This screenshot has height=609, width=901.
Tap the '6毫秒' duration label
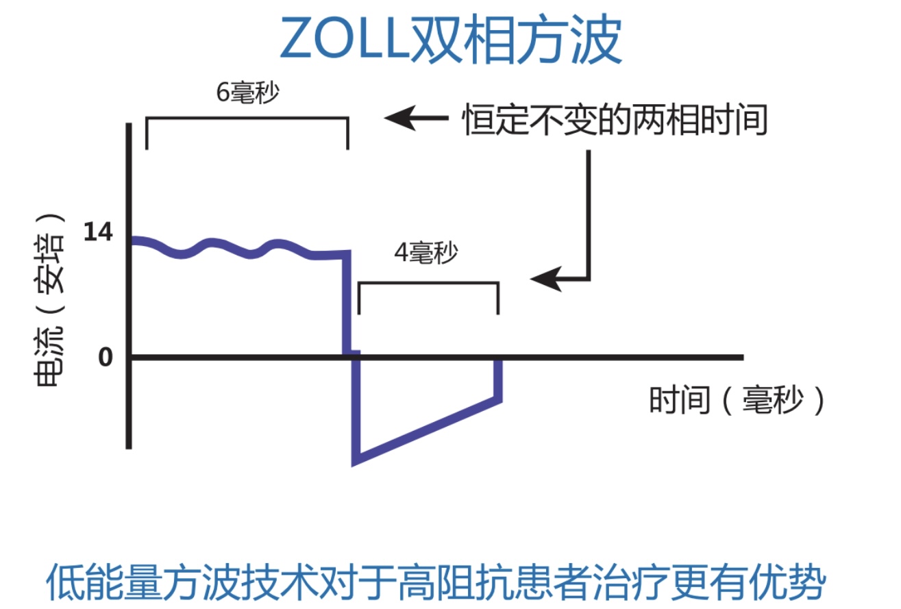click(x=247, y=93)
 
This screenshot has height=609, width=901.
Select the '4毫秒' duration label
click(x=425, y=254)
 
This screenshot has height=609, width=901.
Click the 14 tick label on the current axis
click(x=97, y=233)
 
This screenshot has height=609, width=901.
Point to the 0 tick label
click(x=105, y=358)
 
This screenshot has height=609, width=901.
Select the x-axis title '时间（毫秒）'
click(x=737, y=400)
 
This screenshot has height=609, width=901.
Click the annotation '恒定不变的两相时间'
click(x=615, y=121)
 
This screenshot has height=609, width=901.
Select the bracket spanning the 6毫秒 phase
click(x=247, y=118)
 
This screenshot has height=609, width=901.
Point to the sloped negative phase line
click(x=428, y=429)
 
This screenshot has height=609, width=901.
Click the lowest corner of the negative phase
click(x=355, y=460)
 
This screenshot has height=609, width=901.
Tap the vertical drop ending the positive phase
click(x=346, y=301)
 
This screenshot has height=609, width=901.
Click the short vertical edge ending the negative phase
click(x=499, y=380)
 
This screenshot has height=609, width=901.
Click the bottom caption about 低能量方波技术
click(x=436, y=583)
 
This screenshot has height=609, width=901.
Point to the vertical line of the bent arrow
click(x=588, y=212)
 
